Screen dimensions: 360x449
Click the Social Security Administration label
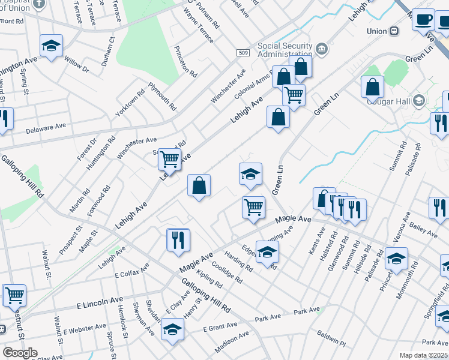click(285, 50)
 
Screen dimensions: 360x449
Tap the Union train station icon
click(395, 31)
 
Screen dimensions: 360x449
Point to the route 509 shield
click(243, 53)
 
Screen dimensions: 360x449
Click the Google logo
click(20, 352)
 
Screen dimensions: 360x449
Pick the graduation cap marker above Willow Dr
click(52, 46)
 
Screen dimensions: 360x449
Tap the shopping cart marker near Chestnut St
click(14, 295)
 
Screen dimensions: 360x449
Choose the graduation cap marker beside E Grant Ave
click(172, 329)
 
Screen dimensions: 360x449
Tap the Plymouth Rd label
click(162, 96)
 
